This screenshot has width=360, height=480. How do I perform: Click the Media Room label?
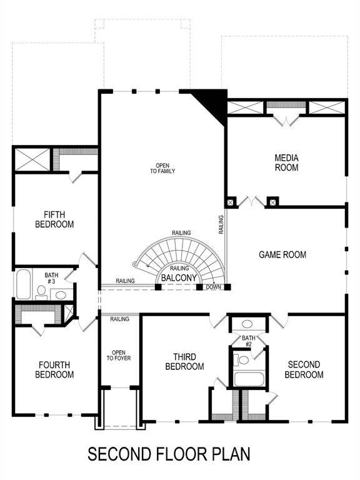(286, 162)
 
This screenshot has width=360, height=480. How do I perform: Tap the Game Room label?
(282, 254)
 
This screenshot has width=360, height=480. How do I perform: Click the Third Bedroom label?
(184, 361)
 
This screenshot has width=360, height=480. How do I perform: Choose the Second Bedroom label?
(304, 369)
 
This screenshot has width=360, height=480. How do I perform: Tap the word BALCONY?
(179, 277)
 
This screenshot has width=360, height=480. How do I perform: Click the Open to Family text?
(162, 168)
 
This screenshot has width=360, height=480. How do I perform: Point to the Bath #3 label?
(51, 278)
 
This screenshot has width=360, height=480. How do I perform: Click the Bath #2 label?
(247, 341)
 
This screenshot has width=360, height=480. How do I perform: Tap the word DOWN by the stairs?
(214, 287)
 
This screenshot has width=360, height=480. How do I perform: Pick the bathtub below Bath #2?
(248, 379)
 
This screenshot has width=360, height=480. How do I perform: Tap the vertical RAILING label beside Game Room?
(221, 224)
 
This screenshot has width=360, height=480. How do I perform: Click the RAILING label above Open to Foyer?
(119, 319)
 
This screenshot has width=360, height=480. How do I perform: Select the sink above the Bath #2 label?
(247, 325)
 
